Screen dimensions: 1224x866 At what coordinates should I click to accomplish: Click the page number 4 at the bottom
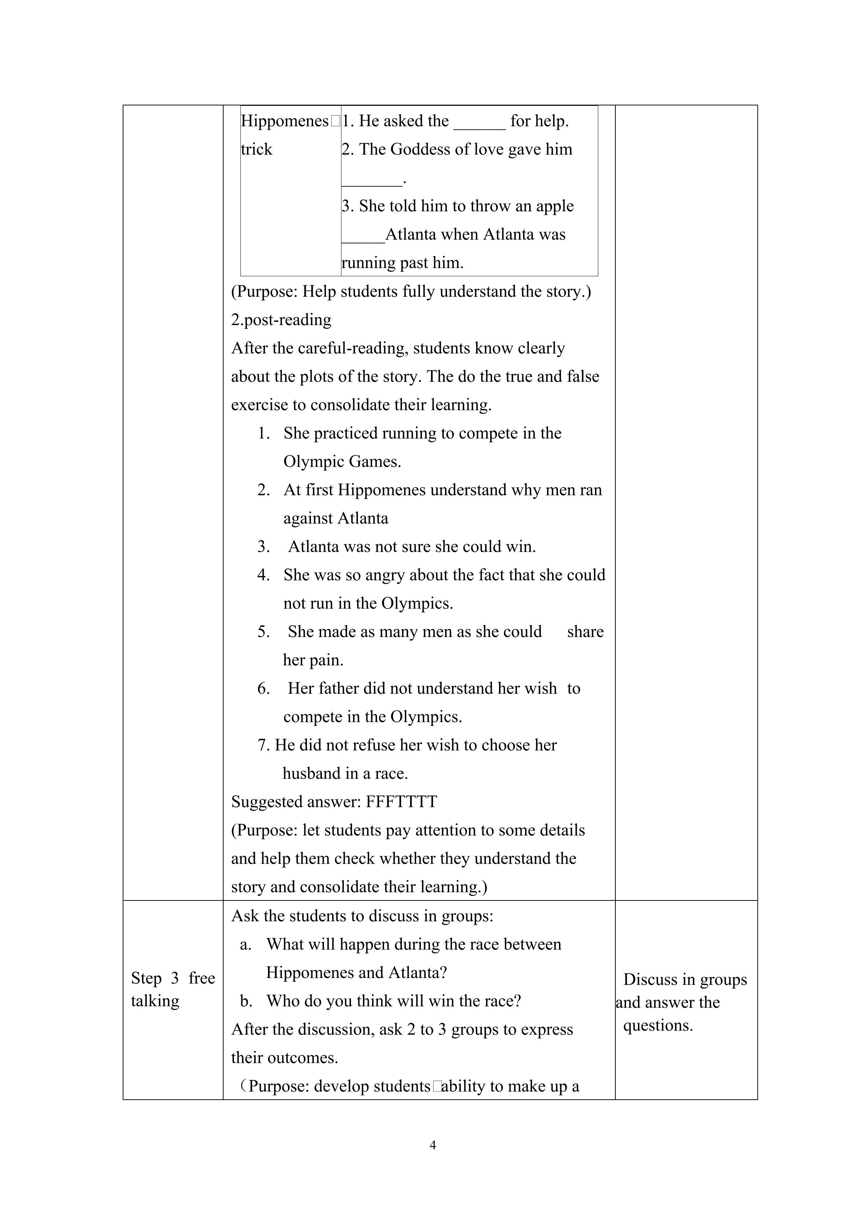coord(432,1144)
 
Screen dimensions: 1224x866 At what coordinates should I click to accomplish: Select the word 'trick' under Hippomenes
coord(256,149)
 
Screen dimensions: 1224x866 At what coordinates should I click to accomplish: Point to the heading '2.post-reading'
coord(281,320)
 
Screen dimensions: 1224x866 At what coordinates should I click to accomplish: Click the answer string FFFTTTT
coord(401,802)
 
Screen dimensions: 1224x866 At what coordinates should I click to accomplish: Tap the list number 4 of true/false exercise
coord(263,575)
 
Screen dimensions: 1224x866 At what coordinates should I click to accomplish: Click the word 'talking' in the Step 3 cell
coord(155,1001)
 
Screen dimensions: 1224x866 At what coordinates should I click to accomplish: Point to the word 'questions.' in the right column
coord(658,1025)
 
